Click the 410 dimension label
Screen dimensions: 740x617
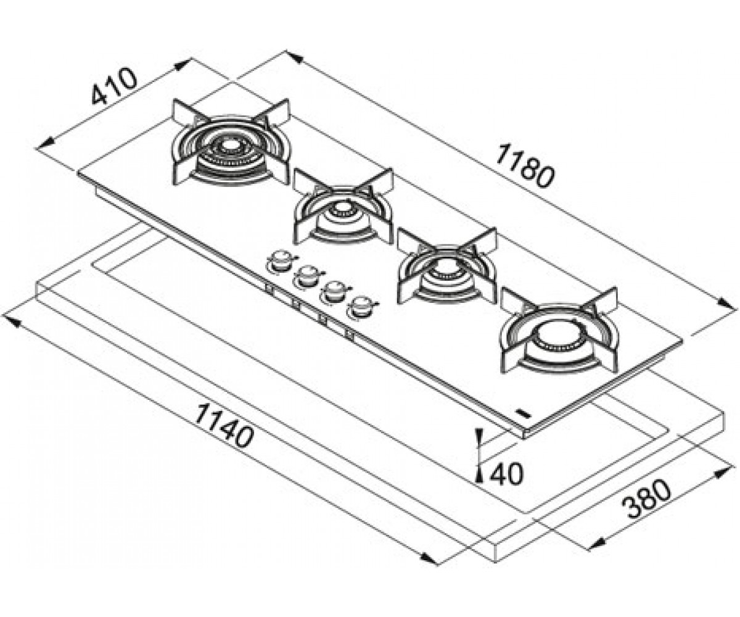[x=113, y=87]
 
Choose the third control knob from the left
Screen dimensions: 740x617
[x=334, y=291]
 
